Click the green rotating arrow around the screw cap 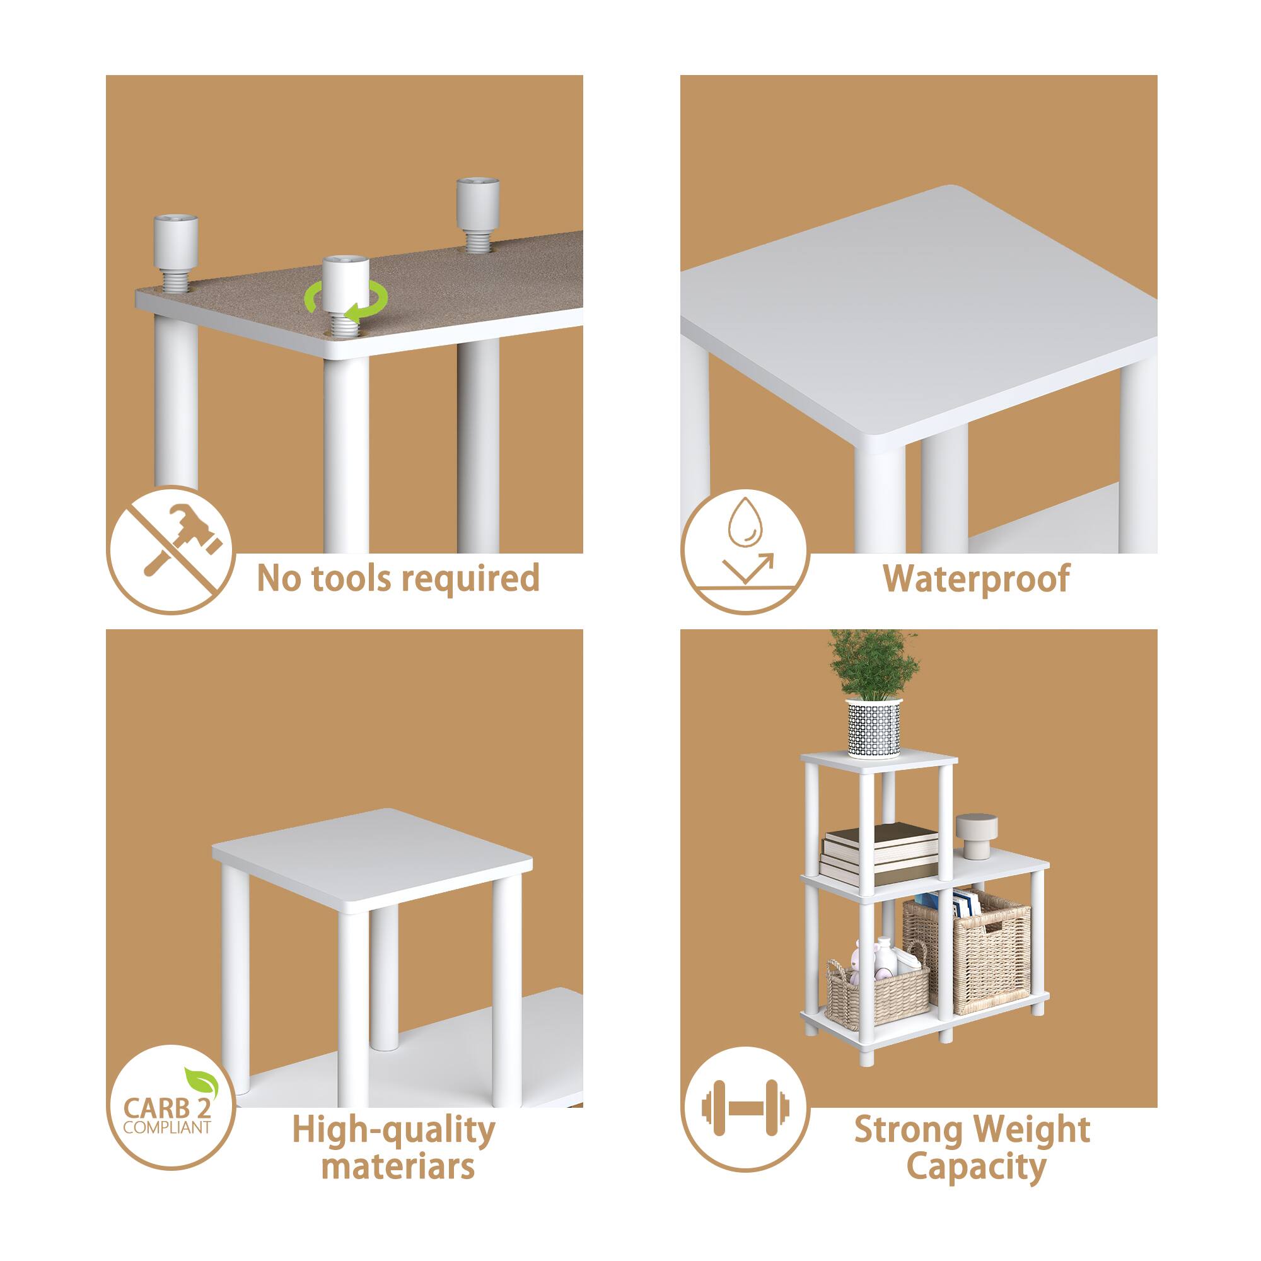346,303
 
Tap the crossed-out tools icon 170,550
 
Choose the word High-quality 393,1130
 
